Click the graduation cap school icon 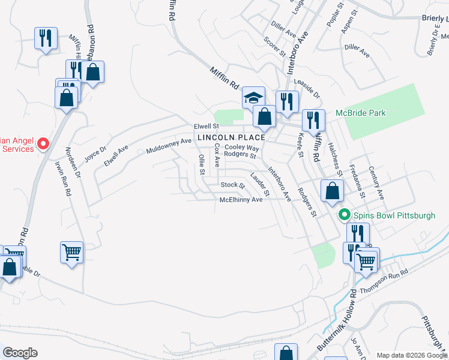pyautogui.click(x=253, y=97)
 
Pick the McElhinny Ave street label pyautogui.click(x=241, y=200)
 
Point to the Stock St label pyautogui.click(x=233, y=185)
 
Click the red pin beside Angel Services pyautogui.click(x=43, y=143)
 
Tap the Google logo pyautogui.click(x=20, y=353)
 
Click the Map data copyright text pyautogui.click(x=412, y=355)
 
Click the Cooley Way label pyautogui.click(x=242, y=147)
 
